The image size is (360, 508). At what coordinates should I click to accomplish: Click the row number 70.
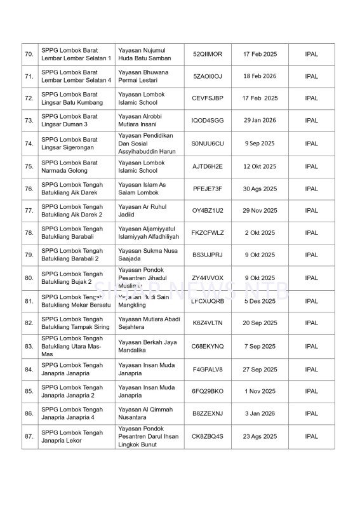pos(29,54)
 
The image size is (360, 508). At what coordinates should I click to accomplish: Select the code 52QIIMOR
pos(208,54)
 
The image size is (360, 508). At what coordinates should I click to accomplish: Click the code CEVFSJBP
pos(208,98)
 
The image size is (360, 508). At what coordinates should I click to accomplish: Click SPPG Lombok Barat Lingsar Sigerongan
pos(70,144)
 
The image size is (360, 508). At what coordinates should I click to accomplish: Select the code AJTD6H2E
pos(208,166)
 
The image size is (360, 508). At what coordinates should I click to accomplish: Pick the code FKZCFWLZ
pos(208,233)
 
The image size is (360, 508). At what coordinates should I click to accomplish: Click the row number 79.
pos(29,255)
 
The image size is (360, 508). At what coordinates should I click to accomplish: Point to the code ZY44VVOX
pos(208,277)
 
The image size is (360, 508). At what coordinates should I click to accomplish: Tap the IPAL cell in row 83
pos(311,346)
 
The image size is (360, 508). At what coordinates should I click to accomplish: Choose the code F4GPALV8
pos(208,369)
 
